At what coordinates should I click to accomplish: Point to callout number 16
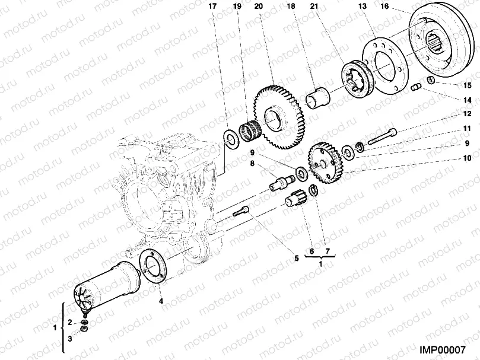384,7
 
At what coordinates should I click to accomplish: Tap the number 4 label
160,300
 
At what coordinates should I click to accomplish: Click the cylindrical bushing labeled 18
319,97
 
